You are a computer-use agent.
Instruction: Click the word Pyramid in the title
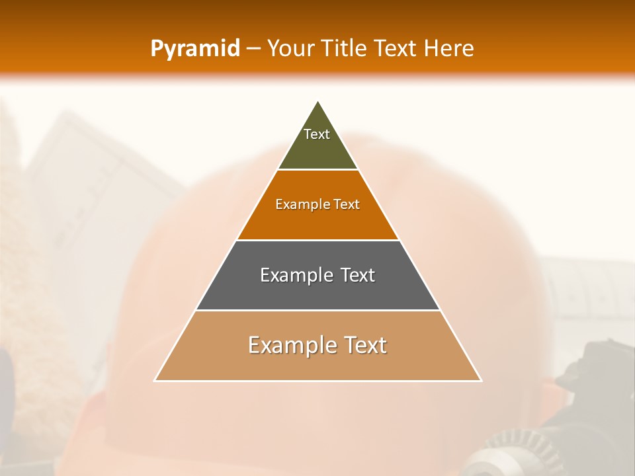[x=195, y=49]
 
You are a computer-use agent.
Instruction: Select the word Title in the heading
[x=347, y=49]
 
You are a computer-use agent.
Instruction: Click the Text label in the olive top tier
[x=317, y=134]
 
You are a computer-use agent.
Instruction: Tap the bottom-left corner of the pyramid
[x=155, y=380]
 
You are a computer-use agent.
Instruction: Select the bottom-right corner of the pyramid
[x=481, y=380]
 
